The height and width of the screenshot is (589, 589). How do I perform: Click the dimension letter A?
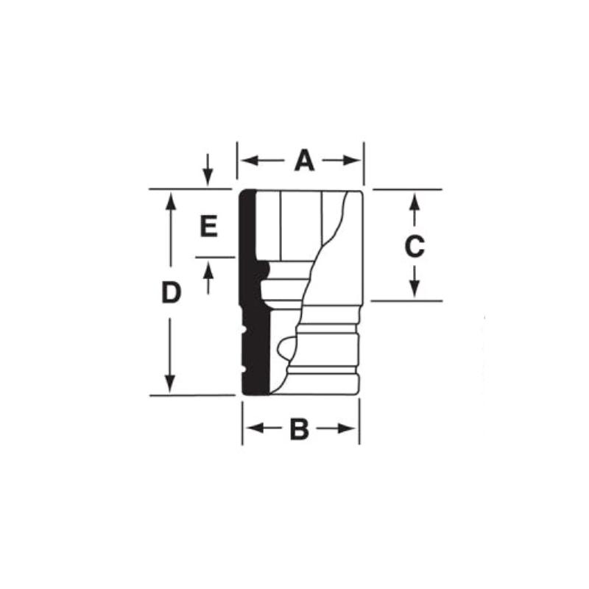(304, 161)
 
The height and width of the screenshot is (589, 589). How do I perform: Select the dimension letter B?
(299, 429)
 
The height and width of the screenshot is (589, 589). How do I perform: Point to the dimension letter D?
(171, 293)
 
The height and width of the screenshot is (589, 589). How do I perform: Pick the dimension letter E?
(209, 227)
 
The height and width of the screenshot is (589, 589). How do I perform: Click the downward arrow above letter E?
(208, 177)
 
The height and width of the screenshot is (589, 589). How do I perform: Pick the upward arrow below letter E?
(208, 270)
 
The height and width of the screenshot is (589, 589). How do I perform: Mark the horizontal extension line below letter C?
(405, 301)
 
